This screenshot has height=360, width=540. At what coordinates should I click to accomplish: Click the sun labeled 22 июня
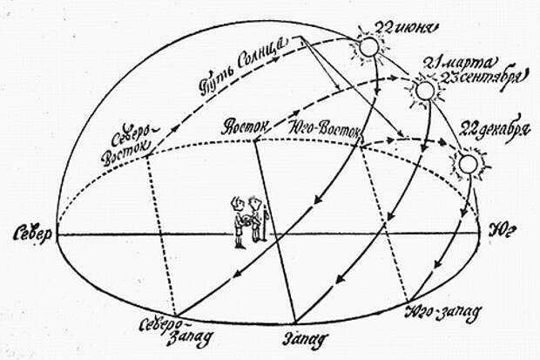[368, 47]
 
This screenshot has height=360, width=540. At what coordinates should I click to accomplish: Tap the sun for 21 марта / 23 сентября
[426, 91]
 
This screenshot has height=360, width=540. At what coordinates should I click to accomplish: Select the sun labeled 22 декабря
[468, 164]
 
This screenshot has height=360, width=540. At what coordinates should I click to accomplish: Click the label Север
[32, 234]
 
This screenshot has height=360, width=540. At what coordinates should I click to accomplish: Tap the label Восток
[246, 126]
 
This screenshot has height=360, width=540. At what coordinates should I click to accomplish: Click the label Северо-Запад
[176, 330]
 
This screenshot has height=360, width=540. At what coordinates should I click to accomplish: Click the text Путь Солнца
[242, 65]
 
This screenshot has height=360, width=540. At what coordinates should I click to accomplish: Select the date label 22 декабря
[495, 131]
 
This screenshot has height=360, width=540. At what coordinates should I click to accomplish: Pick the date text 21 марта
[459, 64]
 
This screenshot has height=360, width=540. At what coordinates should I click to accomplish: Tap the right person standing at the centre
[255, 219]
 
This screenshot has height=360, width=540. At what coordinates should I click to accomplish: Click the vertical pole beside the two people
[265, 223]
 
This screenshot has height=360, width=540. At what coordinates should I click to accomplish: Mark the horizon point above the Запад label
[295, 323]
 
